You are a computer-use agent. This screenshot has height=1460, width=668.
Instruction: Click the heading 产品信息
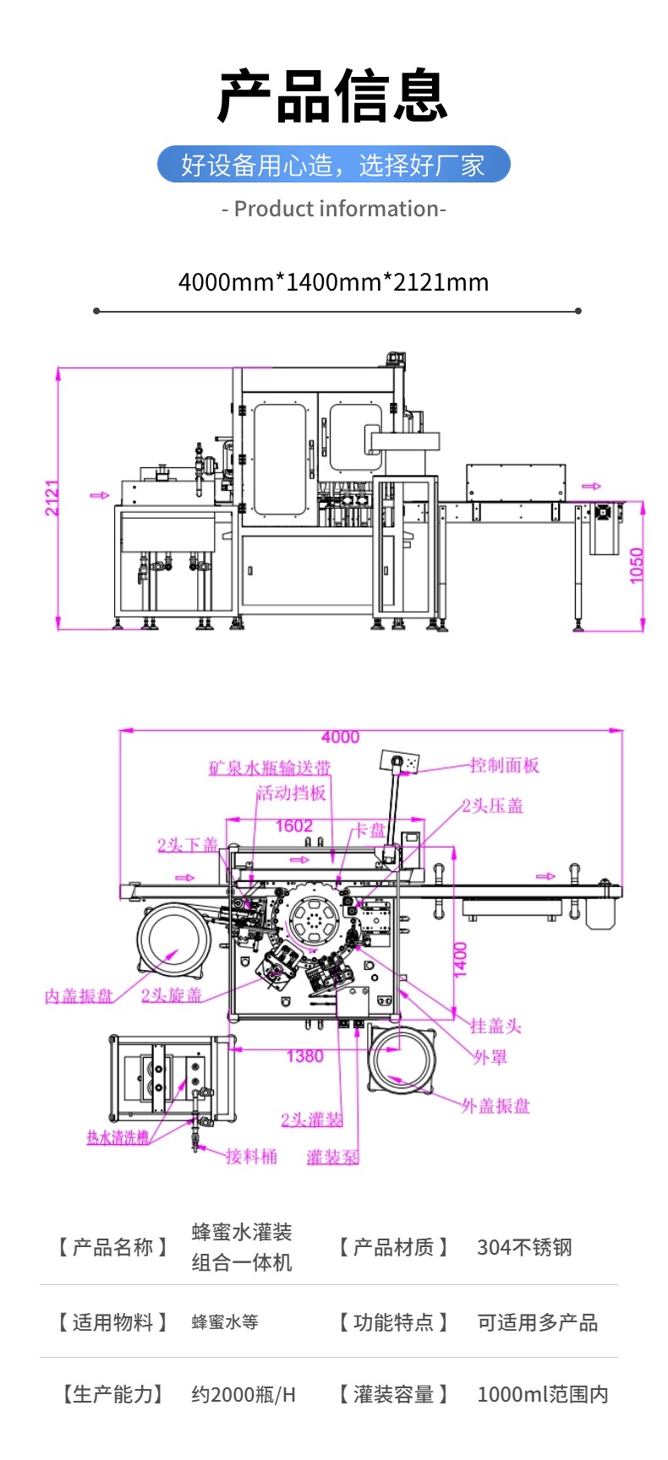[x=333, y=96]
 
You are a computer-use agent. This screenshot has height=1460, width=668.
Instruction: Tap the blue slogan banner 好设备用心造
[x=333, y=165]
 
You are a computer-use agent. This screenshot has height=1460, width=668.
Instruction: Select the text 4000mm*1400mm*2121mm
[x=333, y=282]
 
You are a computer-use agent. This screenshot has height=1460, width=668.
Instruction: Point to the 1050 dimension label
[x=637, y=565]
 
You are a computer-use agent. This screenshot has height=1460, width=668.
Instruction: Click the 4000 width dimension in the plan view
[x=340, y=738]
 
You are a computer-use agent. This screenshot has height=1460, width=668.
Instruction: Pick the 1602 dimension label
[x=293, y=825]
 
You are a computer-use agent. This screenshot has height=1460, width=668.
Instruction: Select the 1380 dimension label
[x=304, y=1056]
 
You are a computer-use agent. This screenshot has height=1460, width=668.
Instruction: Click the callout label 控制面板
[x=504, y=765]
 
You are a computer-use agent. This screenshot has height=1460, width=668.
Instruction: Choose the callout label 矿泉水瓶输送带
[x=270, y=768]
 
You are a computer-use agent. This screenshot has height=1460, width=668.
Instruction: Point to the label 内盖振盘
[x=79, y=996]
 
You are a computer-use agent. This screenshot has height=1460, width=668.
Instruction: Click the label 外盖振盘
[x=496, y=1106]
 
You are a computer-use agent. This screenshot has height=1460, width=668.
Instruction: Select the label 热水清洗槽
[x=118, y=1138]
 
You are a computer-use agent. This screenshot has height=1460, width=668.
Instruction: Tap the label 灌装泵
[x=332, y=1158]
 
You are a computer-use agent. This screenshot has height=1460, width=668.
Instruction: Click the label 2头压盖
[x=492, y=806]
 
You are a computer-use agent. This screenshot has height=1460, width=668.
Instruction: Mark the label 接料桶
[x=251, y=1157]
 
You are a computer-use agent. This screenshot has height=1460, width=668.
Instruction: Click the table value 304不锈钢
[x=524, y=1247]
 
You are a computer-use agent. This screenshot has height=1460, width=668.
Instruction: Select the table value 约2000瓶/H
[x=244, y=1394]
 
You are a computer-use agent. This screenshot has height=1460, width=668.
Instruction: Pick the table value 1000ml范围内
[x=542, y=1394]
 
